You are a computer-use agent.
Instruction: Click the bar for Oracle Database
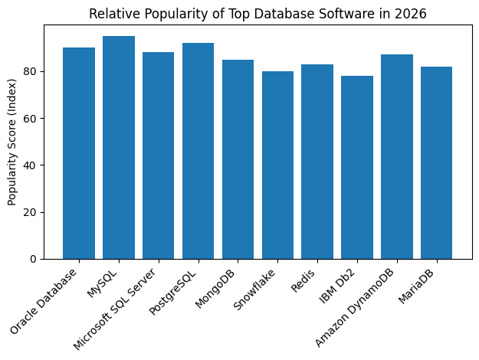[x=79, y=153]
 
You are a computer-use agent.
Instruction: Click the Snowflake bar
[x=277, y=165]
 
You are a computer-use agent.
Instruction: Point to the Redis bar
[x=317, y=162]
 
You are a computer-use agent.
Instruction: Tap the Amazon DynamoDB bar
[x=397, y=157]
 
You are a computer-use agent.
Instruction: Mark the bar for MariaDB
[x=437, y=162]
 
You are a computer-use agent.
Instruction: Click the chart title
[x=258, y=14]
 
